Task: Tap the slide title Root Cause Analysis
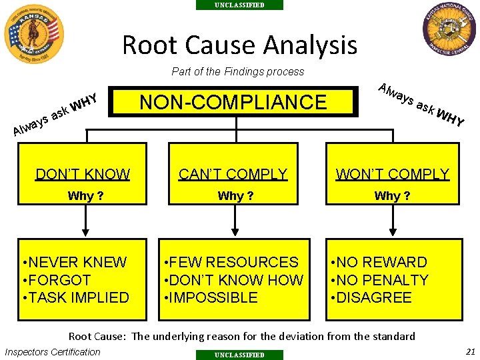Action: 239,45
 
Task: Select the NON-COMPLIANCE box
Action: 233,102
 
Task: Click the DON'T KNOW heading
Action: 83,175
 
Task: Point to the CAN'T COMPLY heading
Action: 233,175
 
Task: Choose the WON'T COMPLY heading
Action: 393,175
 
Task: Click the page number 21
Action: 471,351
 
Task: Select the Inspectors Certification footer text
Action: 53,352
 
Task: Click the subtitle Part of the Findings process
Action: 238,71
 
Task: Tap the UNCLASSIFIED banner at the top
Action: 239,5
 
